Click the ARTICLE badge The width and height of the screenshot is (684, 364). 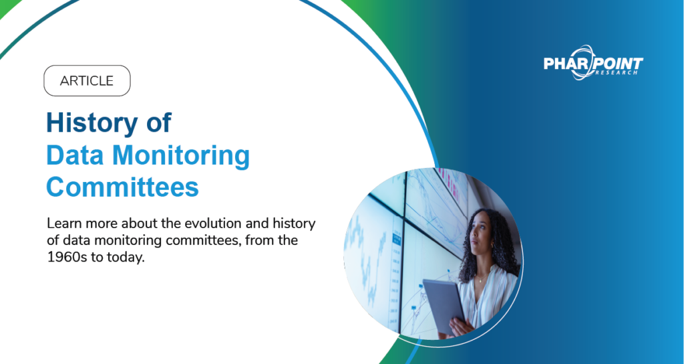[x=87, y=81]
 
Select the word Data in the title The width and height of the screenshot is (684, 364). [x=74, y=155]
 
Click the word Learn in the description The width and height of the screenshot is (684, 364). [x=62, y=223]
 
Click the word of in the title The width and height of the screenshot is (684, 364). [x=158, y=123]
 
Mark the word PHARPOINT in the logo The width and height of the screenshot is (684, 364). [x=593, y=63]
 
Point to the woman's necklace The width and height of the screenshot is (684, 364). [x=480, y=278]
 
